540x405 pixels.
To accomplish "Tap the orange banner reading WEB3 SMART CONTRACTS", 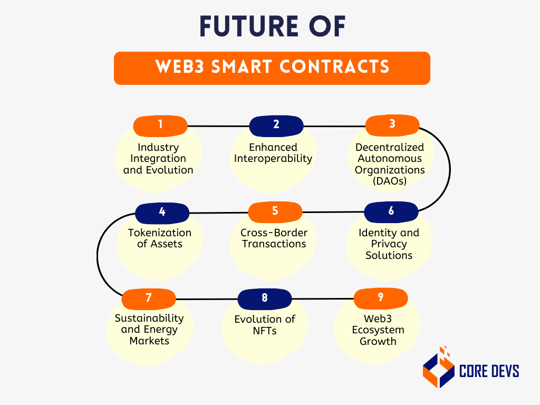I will (272, 67).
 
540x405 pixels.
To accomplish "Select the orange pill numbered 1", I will (160, 126).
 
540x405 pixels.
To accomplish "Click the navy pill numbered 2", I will (276, 126).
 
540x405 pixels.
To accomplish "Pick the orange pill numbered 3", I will (392, 125).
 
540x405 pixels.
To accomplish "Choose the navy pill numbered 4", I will (162, 213).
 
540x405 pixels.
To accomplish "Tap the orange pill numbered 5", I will (275, 212).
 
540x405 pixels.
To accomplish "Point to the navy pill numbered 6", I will (391, 212).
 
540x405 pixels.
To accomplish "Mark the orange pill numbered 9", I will (380, 298).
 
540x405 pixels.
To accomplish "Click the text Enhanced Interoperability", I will (273, 153).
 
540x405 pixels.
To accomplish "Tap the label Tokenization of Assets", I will (160, 238).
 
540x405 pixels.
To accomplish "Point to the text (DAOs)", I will (390, 181).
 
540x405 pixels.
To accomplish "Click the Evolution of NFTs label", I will (265, 325).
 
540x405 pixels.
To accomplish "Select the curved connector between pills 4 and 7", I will (98, 255).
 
